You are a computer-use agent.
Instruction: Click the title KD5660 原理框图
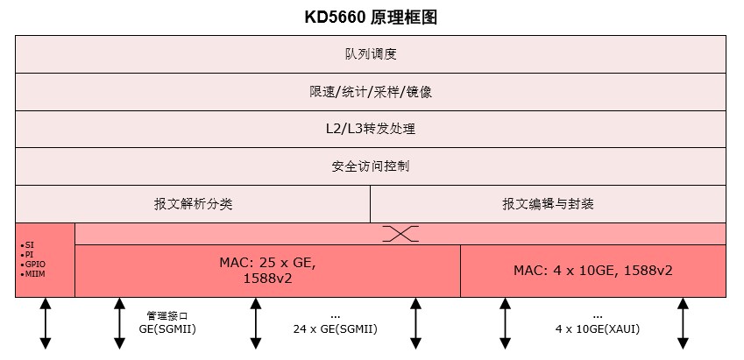point(372,18)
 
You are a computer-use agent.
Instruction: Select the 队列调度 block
point(371,54)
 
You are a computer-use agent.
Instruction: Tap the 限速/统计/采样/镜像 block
point(371,91)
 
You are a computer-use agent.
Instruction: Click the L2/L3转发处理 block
point(371,129)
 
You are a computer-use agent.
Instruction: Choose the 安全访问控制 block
point(371,166)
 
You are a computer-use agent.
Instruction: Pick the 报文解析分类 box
point(193,204)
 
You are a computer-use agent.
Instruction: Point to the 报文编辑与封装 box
point(548,204)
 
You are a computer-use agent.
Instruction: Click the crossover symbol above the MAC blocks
point(400,234)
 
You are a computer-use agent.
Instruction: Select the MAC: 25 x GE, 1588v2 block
point(267,271)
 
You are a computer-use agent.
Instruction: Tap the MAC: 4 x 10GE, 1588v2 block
point(592,271)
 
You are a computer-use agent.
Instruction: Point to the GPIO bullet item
point(33,264)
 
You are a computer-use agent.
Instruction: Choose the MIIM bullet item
point(33,273)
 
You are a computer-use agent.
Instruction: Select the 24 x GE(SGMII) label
point(335,322)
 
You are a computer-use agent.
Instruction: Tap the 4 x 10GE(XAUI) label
point(597,322)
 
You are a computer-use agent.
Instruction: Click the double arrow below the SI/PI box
point(45,323)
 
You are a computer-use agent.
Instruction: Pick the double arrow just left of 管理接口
point(119,323)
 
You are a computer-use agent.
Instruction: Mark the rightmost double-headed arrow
point(683,323)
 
